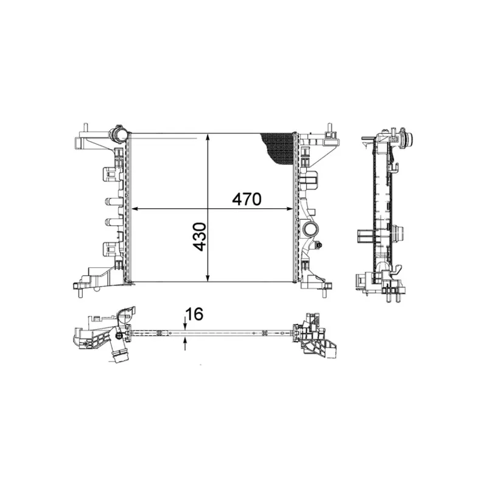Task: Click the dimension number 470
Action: pyautogui.click(x=247, y=199)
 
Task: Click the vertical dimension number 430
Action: pyautogui.click(x=200, y=237)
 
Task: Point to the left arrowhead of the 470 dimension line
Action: pyautogui.click(x=136, y=209)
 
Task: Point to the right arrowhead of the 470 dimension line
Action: pyautogui.click(x=290, y=209)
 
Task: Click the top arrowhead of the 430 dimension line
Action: pyautogui.click(x=208, y=138)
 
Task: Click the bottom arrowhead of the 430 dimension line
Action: pyautogui.click(x=208, y=278)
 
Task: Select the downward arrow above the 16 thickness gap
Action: pyautogui.click(x=186, y=324)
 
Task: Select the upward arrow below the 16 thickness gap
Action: pyautogui.click(x=186, y=344)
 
